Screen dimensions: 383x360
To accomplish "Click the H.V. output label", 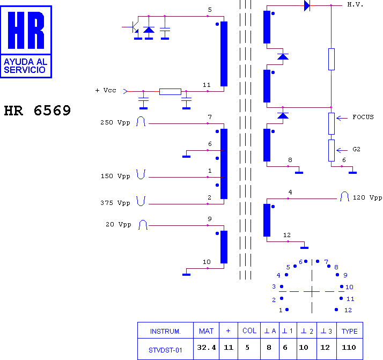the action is (355, 5).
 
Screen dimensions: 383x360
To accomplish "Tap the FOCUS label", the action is (363, 117).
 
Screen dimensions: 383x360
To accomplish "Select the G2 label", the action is (356, 149).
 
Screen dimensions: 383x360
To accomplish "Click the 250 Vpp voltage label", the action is (115, 122).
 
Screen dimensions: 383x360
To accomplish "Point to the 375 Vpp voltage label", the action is (115, 203).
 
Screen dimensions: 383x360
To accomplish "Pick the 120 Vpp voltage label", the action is (367, 197).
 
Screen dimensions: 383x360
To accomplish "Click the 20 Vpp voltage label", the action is (118, 224).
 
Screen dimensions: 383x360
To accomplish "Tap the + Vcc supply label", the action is (106, 90).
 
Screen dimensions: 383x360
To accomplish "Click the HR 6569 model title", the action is (38, 111).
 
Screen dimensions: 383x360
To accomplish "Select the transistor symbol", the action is (134, 27).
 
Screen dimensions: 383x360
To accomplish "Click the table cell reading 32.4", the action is (207, 347).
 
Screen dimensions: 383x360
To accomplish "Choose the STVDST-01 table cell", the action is (165, 350).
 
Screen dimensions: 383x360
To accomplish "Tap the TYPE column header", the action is (350, 331).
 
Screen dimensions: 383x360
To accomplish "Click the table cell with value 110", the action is (349, 347).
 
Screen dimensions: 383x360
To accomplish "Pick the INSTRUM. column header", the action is (165, 332).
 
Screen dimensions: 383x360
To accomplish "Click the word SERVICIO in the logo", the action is (25, 70).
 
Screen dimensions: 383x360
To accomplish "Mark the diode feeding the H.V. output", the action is (307, 5).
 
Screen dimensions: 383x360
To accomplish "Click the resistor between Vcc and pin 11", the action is (170, 92).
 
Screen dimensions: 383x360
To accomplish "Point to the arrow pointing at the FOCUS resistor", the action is (342, 118).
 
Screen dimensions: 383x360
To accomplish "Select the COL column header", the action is (249, 330).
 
